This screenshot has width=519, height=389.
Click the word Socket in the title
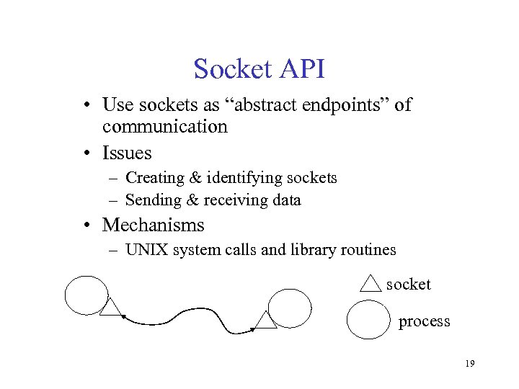coord(228,69)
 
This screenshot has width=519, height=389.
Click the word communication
coord(164,127)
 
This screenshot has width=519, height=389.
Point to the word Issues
coord(127,153)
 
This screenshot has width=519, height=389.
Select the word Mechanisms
coord(153,225)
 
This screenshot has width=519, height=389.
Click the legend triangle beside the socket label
coord(370,283)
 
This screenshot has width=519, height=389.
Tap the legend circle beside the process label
coord(368,320)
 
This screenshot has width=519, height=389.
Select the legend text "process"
coord(424,321)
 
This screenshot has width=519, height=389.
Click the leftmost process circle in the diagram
coord(86,295)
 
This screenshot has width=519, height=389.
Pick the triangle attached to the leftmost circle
coord(111,308)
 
